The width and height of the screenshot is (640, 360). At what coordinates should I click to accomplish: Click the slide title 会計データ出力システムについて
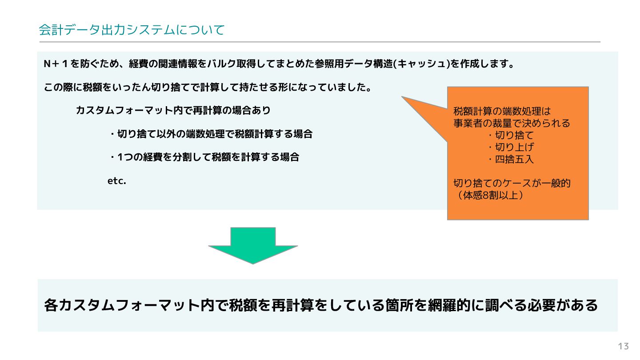[x=132, y=30]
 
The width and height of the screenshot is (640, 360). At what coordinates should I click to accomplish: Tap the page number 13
[x=623, y=346]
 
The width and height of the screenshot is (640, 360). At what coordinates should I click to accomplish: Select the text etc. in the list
[x=117, y=181]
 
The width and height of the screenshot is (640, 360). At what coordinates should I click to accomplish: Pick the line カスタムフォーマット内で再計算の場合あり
[x=173, y=110]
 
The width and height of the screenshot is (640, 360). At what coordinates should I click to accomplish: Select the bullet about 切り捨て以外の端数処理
[x=211, y=134]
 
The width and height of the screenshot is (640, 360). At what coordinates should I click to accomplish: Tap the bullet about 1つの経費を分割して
[x=204, y=157]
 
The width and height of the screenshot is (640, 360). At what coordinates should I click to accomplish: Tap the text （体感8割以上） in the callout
[x=488, y=195]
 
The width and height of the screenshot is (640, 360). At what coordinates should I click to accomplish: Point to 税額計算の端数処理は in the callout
[x=502, y=111]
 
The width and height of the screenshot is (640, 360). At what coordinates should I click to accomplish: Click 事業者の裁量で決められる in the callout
[x=512, y=123]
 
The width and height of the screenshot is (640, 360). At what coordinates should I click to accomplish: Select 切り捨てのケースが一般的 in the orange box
[x=512, y=183]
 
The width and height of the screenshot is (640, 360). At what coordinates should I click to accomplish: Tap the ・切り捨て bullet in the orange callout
[x=511, y=135]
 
